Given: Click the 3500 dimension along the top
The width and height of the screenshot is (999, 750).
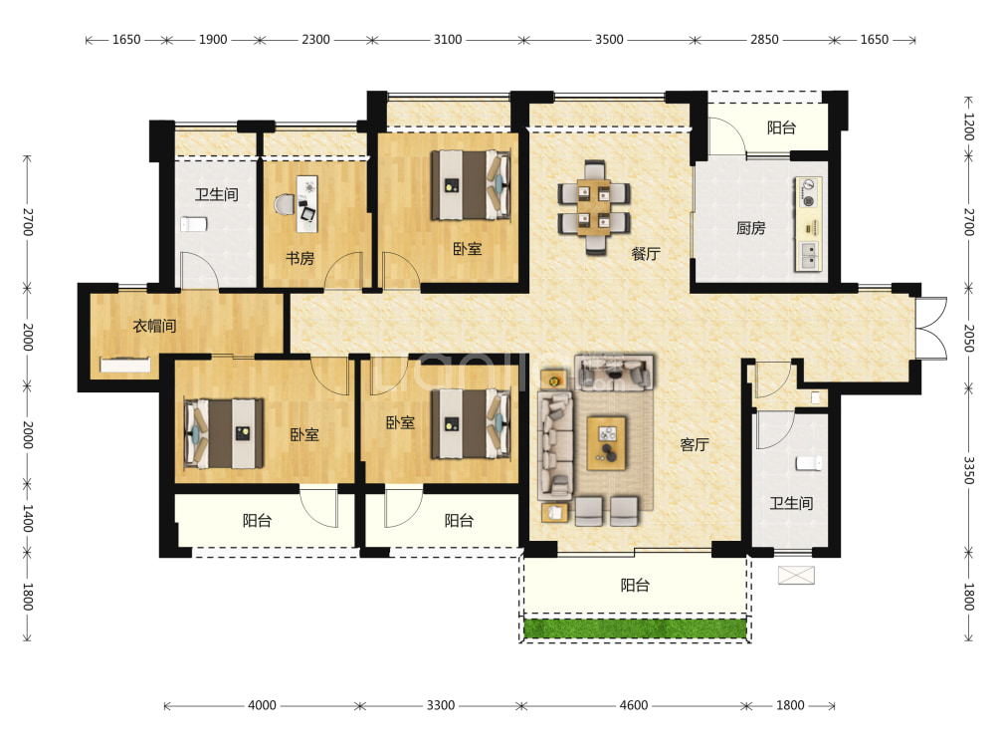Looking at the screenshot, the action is (609, 40).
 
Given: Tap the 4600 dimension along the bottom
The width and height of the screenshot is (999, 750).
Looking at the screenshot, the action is (633, 705).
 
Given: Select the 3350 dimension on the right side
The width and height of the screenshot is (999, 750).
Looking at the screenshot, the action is (968, 470).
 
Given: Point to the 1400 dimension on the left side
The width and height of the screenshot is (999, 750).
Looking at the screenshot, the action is (28, 518).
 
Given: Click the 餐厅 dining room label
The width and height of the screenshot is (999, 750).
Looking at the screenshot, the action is (646, 254).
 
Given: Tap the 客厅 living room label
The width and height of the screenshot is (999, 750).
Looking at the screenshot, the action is (694, 444).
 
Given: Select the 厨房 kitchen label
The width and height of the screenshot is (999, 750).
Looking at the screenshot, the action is (750, 228).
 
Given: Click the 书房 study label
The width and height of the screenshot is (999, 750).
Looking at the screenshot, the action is (300, 258).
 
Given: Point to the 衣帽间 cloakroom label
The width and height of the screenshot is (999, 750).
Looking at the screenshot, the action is (154, 326).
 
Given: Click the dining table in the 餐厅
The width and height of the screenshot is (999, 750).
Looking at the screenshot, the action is (594, 207).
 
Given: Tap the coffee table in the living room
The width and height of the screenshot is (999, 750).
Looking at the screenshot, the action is (607, 443).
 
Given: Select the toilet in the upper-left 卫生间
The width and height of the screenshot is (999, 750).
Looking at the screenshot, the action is (194, 224).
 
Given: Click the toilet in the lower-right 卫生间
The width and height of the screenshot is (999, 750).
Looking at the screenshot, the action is (809, 464).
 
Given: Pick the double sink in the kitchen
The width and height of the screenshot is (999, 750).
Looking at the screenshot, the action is (809, 255).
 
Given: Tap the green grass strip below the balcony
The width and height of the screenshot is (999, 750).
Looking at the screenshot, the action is (635, 628).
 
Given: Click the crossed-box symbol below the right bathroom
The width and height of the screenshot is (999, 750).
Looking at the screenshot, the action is (796, 576).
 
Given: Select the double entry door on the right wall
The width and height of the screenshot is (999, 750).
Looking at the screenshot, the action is (931, 329).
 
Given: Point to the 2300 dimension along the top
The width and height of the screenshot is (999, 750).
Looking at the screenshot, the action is (315, 40).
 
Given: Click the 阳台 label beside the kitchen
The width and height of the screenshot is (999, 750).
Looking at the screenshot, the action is (781, 127).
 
